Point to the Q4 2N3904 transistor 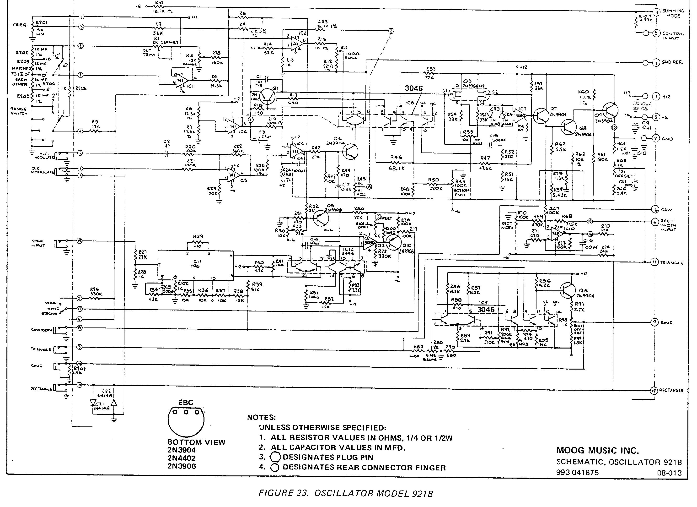[x=350, y=152]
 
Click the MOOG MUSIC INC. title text [x=597, y=451]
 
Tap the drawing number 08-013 [x=669, y=473]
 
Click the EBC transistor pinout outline [x=186, y=421]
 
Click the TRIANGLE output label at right [x=671, y=263]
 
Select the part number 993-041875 [x=577, y=473]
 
